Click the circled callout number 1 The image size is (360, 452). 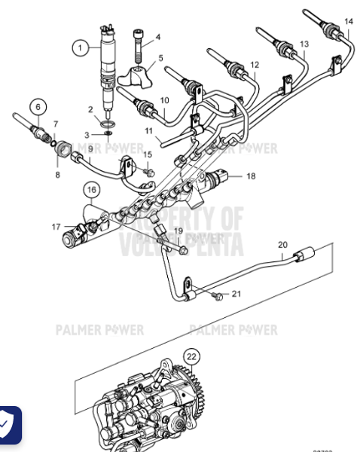[x=81, y=47]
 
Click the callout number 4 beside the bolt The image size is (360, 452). [x=158, y=36]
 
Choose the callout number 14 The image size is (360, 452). [x=348, y=20]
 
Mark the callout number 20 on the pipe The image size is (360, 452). [x=282, y=245]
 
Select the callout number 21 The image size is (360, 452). [x=236, y=293]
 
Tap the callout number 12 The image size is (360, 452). [x=254, y=65]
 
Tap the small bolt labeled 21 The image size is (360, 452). [x=218, y=295]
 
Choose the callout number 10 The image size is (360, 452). [x=164, y=99]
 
